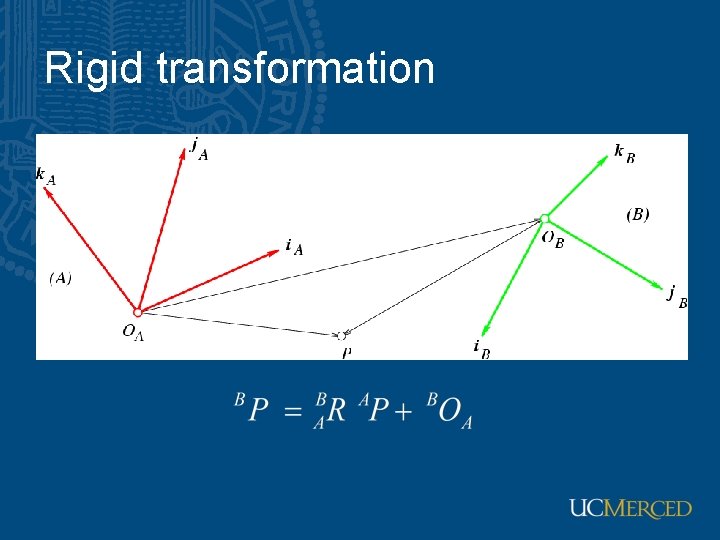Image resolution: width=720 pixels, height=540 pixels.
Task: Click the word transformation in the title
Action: (x=295, y=69)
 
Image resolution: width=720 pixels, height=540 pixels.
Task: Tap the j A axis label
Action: (x=199, y=148)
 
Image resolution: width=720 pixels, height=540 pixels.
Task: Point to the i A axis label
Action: (x=293, y=246)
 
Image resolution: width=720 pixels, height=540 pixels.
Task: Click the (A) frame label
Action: (x=60, y=278)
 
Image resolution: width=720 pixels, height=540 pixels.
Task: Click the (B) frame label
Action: (x=637, y=214)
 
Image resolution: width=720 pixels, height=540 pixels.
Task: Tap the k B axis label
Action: (x=624, y=153)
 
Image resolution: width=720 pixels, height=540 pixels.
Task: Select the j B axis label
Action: (x=677, y=296)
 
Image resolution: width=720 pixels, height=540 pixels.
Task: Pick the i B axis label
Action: (x=481, y=348)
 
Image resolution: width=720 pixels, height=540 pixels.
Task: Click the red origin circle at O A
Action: (x=138, y=312)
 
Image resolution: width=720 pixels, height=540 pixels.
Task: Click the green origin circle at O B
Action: (x=545, y=218)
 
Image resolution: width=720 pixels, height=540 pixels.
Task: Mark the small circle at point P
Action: (x=345, y=335)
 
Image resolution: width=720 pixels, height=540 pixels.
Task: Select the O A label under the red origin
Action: (x=133, y=333)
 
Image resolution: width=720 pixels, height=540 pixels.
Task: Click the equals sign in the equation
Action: (x=293, y=412)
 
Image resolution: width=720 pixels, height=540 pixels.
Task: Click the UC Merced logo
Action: (x=630, y=508)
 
